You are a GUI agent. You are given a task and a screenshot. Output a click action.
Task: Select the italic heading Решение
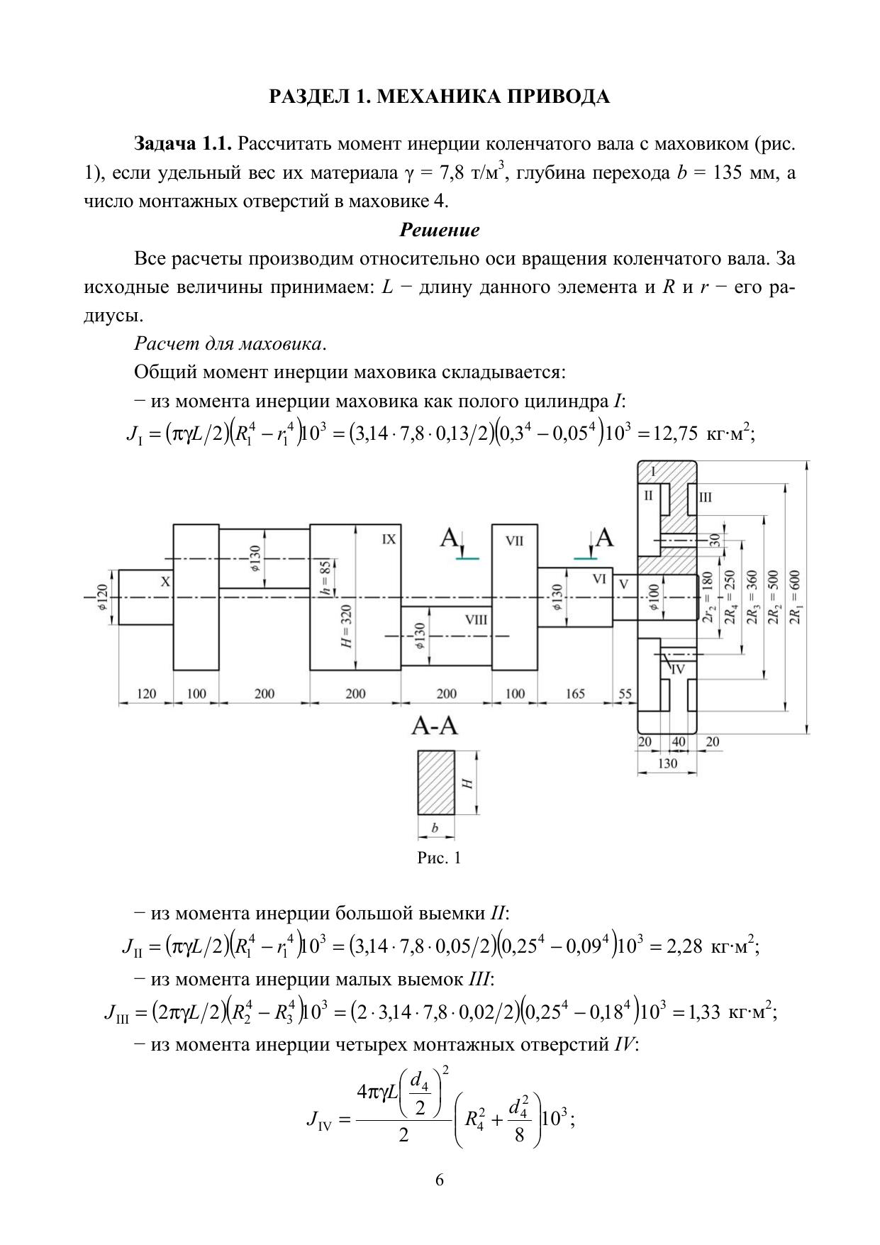pos(440,230)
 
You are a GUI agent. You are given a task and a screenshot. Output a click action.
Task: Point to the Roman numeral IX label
pos(389,539)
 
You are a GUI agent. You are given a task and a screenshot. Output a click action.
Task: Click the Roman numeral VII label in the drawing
pos(514,541)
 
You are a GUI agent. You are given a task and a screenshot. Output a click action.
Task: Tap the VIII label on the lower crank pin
pos(476,619)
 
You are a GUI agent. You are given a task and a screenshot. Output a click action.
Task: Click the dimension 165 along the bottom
pos(575,694)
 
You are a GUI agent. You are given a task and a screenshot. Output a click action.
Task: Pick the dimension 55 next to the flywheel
pos(625,694)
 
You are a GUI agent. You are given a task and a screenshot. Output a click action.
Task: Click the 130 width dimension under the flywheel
pos(667,763)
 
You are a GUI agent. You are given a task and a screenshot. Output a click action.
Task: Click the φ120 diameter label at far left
pos(102,599)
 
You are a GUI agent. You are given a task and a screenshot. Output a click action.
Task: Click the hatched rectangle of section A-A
pos(436,782)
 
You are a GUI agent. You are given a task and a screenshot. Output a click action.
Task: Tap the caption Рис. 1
pos(440,858)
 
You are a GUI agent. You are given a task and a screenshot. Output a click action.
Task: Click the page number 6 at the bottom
pos(440,1180)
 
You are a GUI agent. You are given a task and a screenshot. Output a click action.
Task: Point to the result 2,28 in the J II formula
pos(684,946)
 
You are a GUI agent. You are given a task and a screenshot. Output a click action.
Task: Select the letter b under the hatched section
pos(435,828)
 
